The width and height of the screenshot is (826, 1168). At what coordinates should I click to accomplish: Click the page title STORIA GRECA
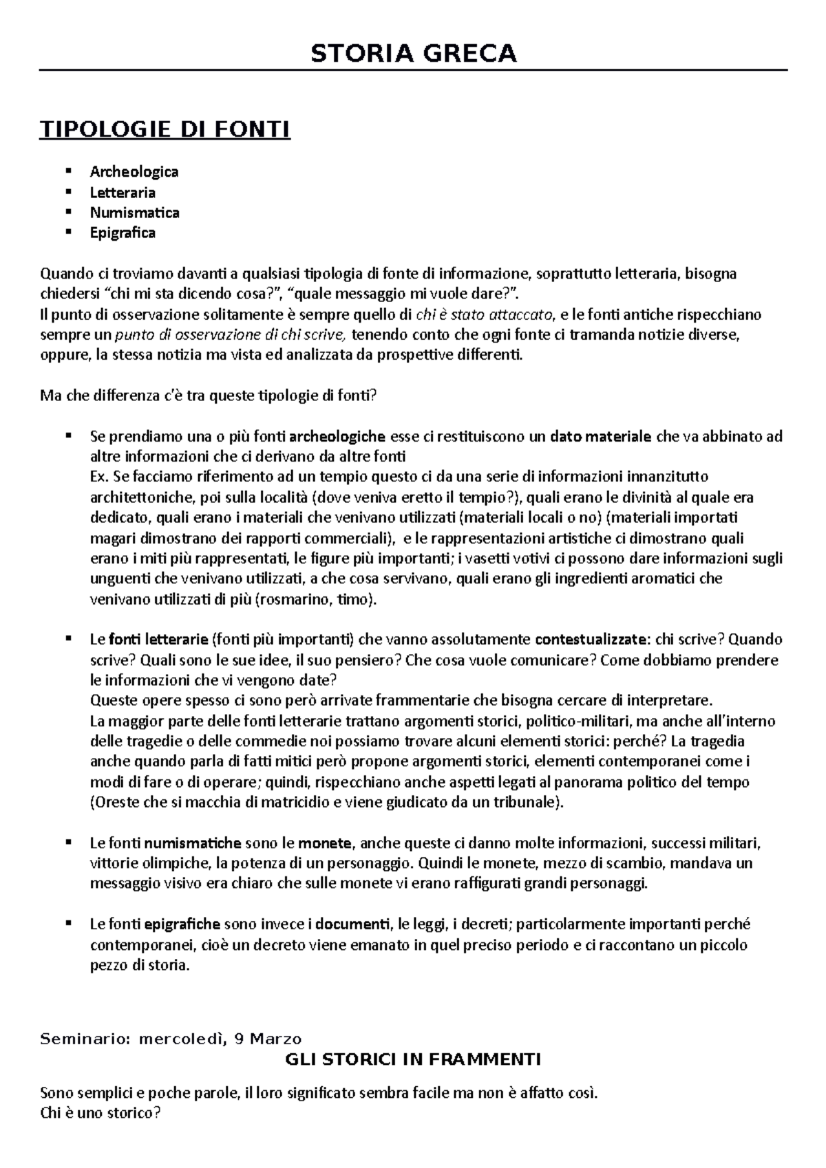[x=413, y=53]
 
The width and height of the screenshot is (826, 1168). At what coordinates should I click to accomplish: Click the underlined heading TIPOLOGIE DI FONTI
[x=165, y=129]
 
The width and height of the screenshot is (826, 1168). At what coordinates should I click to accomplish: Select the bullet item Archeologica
[x=134, y=171]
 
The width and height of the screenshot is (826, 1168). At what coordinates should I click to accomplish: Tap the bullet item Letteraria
[x=123, y=192]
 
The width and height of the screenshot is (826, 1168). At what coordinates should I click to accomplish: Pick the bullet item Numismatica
[x=134, y=213]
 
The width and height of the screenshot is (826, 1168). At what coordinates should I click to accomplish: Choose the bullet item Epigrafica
[x=123, y=232]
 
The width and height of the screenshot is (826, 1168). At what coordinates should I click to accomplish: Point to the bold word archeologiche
[x=337, y=436]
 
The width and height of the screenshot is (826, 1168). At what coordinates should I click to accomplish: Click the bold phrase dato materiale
[x=601, y=436]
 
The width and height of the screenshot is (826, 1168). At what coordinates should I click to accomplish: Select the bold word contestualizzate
[x=590, y=640]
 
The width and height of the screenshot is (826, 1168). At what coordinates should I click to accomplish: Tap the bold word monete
[x=326, y=843]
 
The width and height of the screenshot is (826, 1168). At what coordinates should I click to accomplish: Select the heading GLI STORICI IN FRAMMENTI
[x=413, y=1059]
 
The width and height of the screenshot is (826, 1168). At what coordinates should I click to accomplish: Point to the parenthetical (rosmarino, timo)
[x=316, y=599]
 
